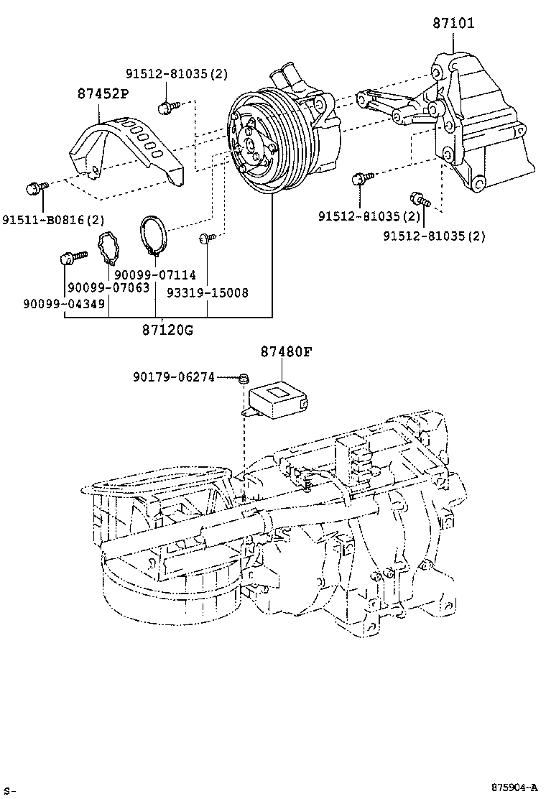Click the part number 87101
(x=453, y=23)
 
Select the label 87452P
(x=104, y=93)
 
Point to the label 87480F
(x=286, y=351)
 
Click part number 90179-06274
(x=173, y=376)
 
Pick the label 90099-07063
(x=108, y=287)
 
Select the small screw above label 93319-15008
(x=207, y=237)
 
